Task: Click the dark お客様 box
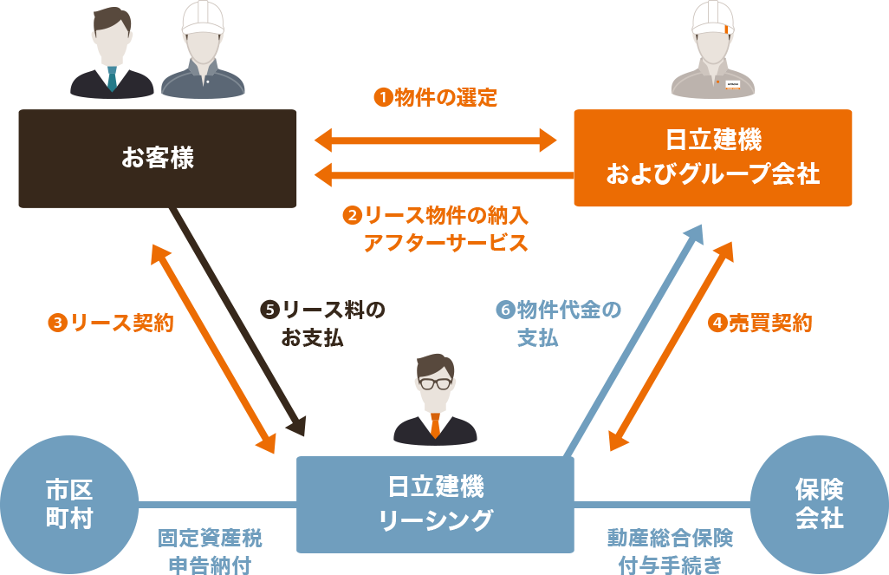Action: point(158,159)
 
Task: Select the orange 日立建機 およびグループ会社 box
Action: point(713,158)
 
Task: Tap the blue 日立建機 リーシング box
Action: point(436,505)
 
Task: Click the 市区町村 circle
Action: point(69,505)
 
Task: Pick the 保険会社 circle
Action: point(820,505)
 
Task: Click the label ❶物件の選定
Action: point(436,98)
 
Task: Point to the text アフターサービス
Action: point(445,243)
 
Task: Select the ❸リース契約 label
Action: point(111,323)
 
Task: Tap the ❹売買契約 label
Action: point(760,323)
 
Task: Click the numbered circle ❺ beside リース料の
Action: point(269,310)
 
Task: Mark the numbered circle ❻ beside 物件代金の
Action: point(505,310)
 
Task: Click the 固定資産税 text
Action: point(210,538)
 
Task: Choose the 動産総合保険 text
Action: point(670,538)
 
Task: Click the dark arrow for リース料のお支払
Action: point(238,322)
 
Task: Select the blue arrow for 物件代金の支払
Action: point(633,341)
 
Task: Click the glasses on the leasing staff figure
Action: point(436,383)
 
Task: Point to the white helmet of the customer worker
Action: point(203,18)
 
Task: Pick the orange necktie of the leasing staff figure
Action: point(436,426)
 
